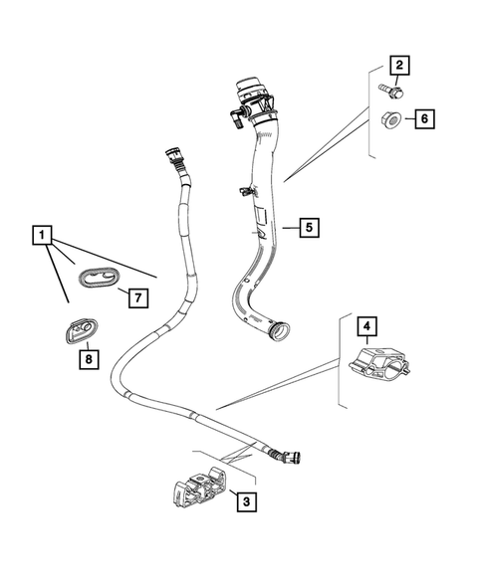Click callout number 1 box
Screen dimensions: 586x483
[x=42, y=236]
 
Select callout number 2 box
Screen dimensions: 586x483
[x=398, y=67]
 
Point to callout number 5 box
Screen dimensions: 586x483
[x=310, y=228]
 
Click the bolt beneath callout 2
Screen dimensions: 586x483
[x=387, y=91]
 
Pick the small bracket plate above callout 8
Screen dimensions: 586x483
[x=78, y=327]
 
